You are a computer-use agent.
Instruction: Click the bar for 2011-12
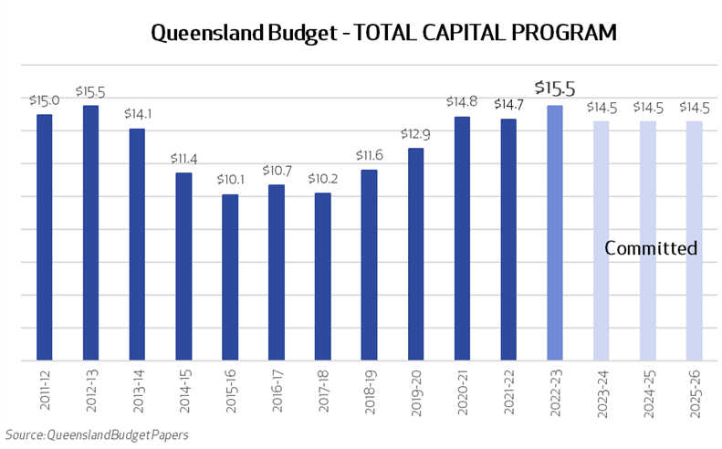(44, 237)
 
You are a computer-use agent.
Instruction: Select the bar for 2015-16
(230, 277)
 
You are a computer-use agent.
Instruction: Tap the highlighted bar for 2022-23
(554, 233)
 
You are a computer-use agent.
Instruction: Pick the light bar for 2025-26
(694, 241)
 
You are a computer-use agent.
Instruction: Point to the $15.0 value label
(44, 100)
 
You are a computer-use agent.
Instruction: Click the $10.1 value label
(230, 180)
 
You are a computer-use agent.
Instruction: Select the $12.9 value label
(415, 134)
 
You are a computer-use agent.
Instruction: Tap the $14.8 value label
(462, 102)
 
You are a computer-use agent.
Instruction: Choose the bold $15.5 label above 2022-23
(554, 89)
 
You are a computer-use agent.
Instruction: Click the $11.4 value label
(183, 158)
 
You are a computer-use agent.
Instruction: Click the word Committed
(651, 248)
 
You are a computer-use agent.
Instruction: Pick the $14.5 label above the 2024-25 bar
(647, 107)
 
